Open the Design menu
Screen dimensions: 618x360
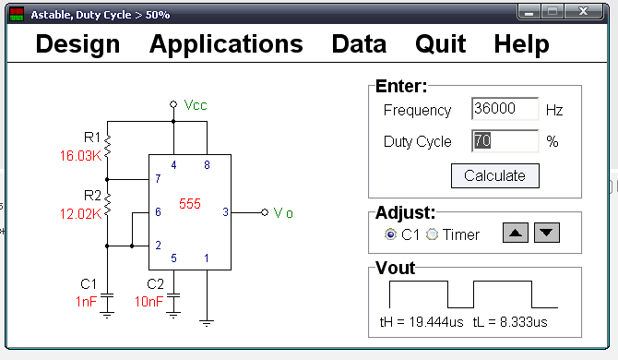[x=77, y=43]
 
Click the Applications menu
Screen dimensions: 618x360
[x=226, y=43]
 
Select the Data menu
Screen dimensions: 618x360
[x=359, y=43]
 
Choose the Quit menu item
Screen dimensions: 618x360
[x=441, y=43]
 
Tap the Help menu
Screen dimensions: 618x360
[x=521, y=43]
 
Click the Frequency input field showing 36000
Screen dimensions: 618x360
[x=505, y=108]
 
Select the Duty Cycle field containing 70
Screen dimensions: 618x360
[x=505, y=140]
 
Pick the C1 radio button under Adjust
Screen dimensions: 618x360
[x=390, y=234]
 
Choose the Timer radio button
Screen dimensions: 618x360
[x=432, y=234]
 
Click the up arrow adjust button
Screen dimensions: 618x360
[x=516, y=233]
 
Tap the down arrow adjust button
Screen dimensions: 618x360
[x=547, y=233]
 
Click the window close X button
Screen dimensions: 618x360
[x=583, y=11]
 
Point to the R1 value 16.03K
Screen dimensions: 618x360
[x=81, y=156]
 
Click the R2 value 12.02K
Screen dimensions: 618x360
[x=81, y=214]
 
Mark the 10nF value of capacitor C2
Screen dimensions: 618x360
[x=149, y=302]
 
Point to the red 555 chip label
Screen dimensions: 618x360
[x=190, y=204]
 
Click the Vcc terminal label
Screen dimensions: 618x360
[x=196, y=105]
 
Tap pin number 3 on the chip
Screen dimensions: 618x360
[x=225, y=212]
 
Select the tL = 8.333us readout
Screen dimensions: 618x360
[x=510, y=322]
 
